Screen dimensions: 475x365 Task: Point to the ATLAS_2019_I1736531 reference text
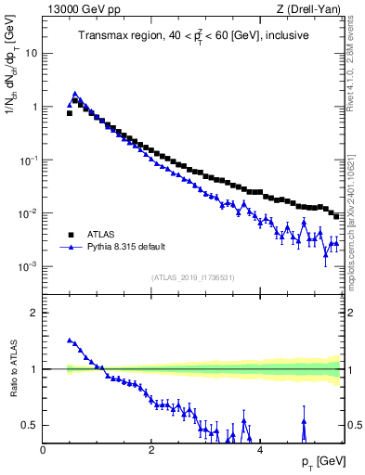click(x=193, y=277)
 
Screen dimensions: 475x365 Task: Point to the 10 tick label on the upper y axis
click(x=31, y=53)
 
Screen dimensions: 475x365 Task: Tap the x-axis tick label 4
click(x=259, y=450)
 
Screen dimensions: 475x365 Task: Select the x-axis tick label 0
click(x=43, y=450)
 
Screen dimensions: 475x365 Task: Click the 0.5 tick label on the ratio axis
click(x=29, y=426)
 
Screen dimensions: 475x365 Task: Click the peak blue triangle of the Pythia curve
click(x=75, y=94)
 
